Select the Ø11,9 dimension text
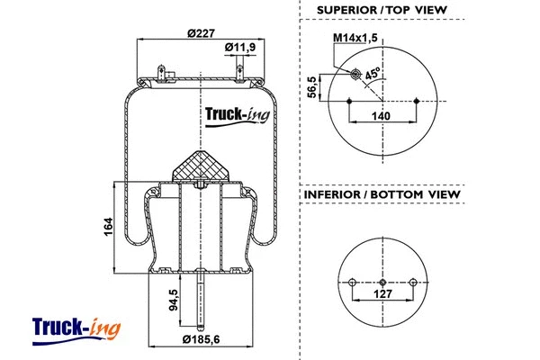[239, 47]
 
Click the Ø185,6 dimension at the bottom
[202, 340]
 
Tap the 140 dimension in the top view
[382, 116]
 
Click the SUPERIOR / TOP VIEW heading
[382, 11]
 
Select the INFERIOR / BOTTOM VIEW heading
[382, 194]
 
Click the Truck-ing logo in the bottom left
[76, 328]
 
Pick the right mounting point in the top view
[416, 101]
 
